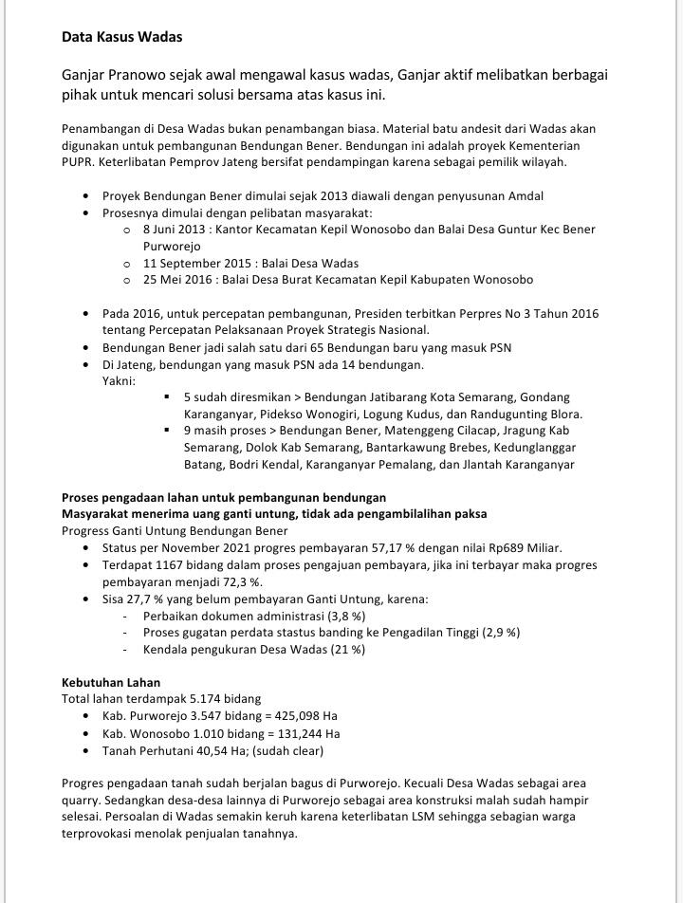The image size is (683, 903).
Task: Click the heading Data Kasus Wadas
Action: tap(121, 37)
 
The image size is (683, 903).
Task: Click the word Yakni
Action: tap(119, 380)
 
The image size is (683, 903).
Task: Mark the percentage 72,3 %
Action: tap(241, 582)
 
